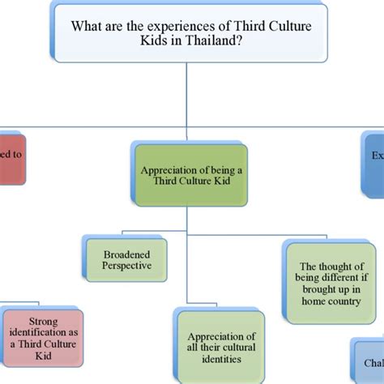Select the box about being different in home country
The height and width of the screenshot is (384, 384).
click(330, 283)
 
